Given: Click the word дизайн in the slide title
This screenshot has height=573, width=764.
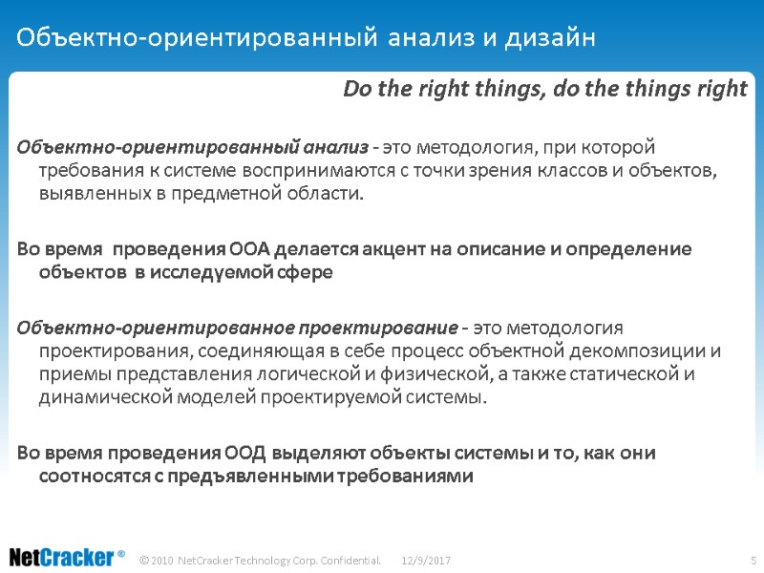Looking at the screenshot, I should [x=554, y=39].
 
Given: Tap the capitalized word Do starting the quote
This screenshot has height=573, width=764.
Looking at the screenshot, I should [x=355, y=89].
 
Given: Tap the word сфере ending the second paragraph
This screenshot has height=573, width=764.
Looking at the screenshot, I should [x=308, y=273].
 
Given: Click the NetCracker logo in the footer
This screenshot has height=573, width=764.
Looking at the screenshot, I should [x=66, y=557].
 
